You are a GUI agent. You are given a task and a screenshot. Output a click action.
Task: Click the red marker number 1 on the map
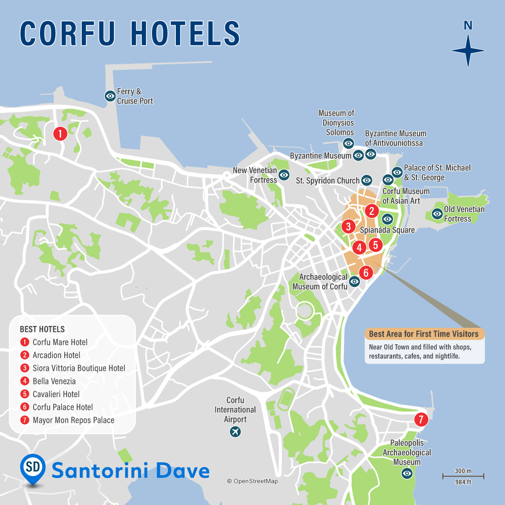60,134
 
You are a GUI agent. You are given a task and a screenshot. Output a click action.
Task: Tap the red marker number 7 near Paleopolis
421,419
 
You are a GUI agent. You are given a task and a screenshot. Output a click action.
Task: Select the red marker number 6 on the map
366,273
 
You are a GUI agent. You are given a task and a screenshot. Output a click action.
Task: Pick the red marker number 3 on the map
348,226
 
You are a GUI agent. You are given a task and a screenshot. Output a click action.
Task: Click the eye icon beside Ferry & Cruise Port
110,96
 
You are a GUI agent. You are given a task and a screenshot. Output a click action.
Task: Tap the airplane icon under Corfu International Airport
235,432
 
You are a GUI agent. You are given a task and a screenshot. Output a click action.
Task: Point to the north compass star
468,50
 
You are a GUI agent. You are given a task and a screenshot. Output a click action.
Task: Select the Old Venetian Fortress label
464,214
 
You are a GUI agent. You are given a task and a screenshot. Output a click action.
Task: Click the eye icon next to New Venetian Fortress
284,175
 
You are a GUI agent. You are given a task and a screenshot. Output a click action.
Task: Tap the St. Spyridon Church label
327,180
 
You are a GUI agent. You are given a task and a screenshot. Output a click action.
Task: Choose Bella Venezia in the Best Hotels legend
54,381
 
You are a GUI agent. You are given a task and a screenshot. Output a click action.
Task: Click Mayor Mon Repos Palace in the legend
73,420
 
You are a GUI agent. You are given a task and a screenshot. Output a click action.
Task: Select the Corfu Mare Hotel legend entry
60,342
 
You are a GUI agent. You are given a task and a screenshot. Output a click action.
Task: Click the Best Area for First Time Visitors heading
424,334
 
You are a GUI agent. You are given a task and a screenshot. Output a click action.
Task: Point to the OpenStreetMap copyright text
252,481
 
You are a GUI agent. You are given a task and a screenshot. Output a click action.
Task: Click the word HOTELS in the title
185,34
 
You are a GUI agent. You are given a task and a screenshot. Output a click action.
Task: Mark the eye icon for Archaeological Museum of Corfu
354,281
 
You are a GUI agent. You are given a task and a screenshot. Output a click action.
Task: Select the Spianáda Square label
387,230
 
